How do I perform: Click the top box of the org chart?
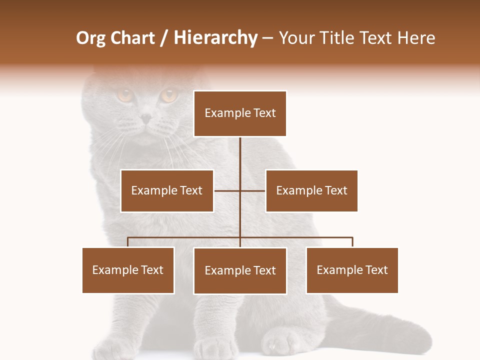click(x=240, y=113)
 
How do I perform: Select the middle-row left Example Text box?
click(x=167, y=190)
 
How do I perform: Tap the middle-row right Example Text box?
click(x=311, y=190)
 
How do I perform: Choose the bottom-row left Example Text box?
click(x=128, y=270)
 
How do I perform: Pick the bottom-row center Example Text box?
click(x=240, y=270)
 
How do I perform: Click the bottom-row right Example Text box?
click(x=352, y=270)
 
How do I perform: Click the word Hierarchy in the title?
click(x=215, y=38)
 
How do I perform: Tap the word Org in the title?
click(x=90, y=38)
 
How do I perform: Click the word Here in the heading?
click(x=416, y=38)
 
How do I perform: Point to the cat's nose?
click(x=146, y=118)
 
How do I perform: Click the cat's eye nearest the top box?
click(x=168, y=94)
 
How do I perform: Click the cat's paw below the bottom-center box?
click(x=278, y=342)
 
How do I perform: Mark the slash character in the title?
click(x=164, y=38)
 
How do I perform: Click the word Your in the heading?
click(x=298, y=38)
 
